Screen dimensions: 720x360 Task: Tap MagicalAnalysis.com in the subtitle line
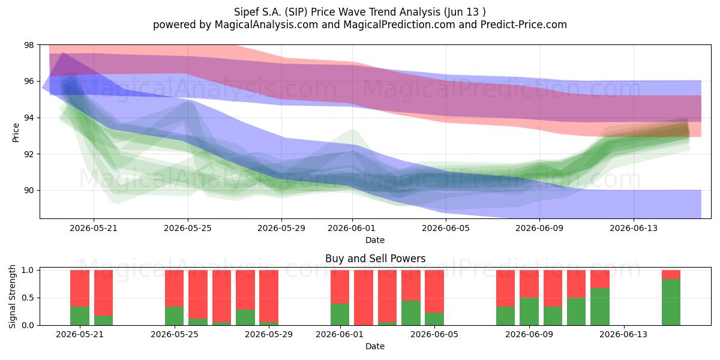point(266,25)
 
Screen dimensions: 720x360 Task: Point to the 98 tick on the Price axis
point(29,45)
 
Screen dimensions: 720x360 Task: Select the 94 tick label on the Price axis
point(29,118)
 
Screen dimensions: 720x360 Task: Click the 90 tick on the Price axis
point(29,190)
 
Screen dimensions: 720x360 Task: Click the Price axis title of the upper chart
point(16,133)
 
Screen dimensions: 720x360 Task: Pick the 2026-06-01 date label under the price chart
point(352,228)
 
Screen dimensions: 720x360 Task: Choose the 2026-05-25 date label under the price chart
point(188,228)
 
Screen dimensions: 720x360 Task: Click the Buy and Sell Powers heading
point(375,259)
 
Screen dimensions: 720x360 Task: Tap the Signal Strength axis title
point(12,296)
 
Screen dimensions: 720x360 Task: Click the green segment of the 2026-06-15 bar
point(671,302)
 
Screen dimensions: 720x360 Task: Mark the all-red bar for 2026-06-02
point(364,298)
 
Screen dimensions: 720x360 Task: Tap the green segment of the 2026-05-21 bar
point(80,316)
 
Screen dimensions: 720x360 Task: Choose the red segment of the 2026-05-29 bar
point(269,296)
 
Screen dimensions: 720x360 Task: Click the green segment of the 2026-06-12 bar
point(600,307)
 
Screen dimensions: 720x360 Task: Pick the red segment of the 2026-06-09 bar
point(529,284)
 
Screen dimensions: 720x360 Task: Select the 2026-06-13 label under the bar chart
point(623,335)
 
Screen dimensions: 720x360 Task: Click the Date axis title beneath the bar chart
point(375,346)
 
